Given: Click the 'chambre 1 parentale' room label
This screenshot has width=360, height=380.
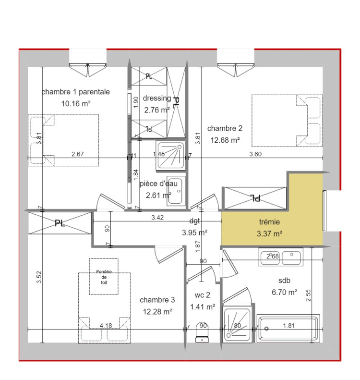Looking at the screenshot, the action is click(75, 92).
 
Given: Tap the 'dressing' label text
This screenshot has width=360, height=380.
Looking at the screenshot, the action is click(157, 98).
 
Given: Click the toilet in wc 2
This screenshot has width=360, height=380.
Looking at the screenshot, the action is click(202, 332).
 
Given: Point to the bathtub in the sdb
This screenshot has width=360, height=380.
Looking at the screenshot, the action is click(288, 329).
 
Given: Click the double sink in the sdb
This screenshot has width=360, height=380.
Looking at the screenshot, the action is click(281, 257).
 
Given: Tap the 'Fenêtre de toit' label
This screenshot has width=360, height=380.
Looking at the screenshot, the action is click(104, 277).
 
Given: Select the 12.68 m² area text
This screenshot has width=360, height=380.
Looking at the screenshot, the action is click(225, 140).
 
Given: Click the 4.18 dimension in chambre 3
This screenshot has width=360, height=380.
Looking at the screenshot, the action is click(106, 325).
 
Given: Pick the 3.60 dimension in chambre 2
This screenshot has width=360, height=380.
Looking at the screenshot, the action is click(255, 154).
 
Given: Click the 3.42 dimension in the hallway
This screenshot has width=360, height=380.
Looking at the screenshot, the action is click(157, 218).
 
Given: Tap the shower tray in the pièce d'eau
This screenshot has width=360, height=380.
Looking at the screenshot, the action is click(170, 155).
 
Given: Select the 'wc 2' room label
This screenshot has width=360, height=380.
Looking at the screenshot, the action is click(203, 295).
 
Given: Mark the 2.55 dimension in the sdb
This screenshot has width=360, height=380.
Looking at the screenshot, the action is click(308, 295).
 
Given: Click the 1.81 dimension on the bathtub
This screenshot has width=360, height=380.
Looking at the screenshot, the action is click(289, 325).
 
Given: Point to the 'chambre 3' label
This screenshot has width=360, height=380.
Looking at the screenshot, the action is click(157, 300).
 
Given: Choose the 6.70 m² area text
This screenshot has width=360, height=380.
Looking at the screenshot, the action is click(284, 292).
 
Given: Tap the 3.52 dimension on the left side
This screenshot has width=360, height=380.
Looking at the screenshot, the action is click(39, 277).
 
